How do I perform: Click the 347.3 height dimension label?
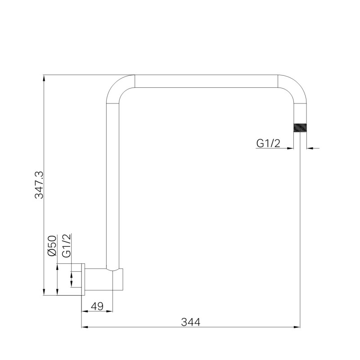coord(39,184)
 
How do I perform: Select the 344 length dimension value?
coord(190,322)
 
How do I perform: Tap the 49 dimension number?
coord(97,306)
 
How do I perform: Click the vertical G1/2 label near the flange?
coord(67,246)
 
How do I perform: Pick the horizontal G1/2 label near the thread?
coord(268,144)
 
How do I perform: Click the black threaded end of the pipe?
coord(300,128)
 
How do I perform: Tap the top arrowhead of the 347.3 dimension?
coord(44,78)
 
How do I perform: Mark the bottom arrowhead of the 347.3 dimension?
coord(44,292)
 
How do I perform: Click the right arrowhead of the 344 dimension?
coord(297,327)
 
